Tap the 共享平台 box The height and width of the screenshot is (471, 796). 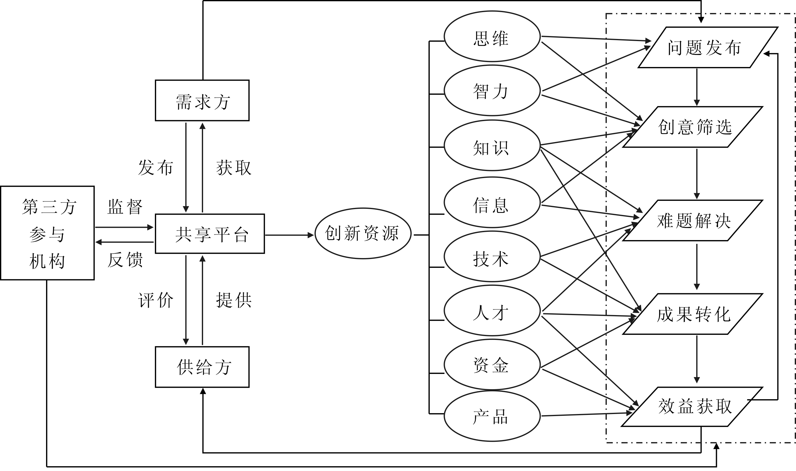[210, 234]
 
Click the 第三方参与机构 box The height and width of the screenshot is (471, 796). [47, 233]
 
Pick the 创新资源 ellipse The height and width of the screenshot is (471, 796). [363, 233]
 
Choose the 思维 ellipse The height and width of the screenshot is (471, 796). [492, 37]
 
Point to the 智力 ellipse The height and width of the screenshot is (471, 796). [492, 90]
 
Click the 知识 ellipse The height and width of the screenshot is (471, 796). [492, 145]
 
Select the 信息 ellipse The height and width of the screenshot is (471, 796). [492, 202]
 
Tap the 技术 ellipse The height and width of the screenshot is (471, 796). [492, 256]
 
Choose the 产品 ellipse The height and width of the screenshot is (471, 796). [492, 416]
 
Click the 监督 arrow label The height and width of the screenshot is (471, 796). [125, 207]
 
